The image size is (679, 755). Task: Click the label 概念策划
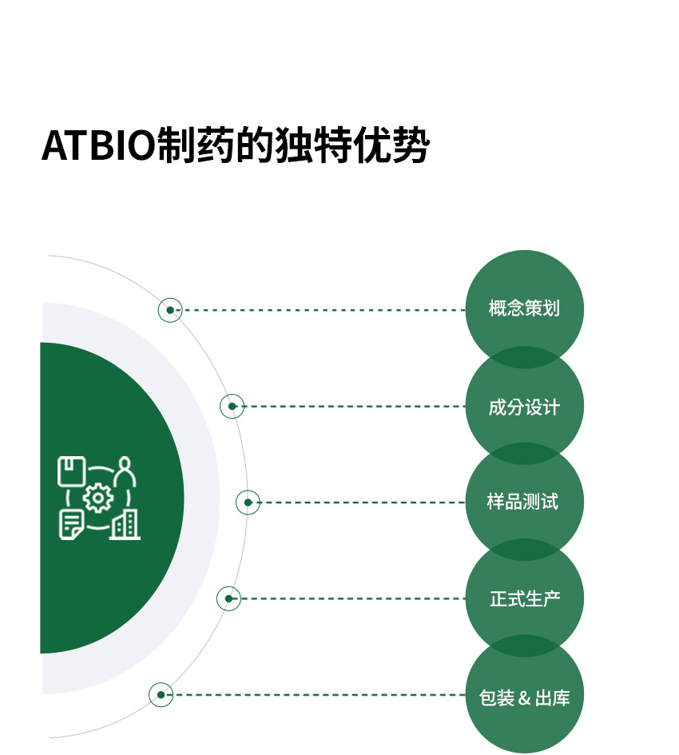tap(524, 308)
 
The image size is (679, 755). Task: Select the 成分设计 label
tap(524, 407)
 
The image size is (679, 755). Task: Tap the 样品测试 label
tap(523, 502)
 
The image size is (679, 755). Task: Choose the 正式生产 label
tap(525, 599)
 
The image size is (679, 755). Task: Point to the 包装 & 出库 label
tap(524, 697)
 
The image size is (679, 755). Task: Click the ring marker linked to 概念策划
tap(170, 310)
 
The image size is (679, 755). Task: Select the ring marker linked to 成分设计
tap(232, 407)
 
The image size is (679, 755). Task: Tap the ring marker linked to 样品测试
tap(248, 503)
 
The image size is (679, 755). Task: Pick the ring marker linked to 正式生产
tap(228, 598)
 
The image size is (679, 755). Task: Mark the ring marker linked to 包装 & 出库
tap(161, 695)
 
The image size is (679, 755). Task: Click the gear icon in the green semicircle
tap(98, 498)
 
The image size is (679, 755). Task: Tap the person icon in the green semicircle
tap(125, 471)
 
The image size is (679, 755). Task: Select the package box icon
tap(72, 471)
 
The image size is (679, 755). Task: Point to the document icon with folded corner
tap(71, 525)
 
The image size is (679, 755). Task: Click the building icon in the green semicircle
tap(125, 525)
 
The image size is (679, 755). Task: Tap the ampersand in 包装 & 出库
tap(524, 698)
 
